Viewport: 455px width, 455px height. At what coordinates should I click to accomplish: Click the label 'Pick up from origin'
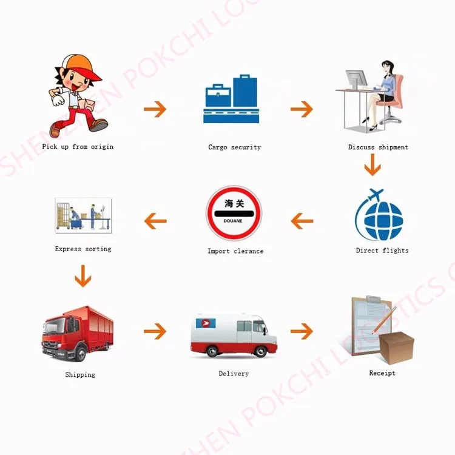78,147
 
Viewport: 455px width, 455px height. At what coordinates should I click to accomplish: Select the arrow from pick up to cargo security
155,109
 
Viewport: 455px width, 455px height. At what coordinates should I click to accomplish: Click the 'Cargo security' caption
234,147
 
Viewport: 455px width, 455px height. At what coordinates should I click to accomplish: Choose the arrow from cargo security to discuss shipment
302,109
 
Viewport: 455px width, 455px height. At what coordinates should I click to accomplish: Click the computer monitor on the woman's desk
356,80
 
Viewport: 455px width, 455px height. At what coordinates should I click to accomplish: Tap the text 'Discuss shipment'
378,147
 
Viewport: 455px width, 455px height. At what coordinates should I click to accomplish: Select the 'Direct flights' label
382,250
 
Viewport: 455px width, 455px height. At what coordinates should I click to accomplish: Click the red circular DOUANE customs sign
234,213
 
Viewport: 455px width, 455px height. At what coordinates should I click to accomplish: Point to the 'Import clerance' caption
235,251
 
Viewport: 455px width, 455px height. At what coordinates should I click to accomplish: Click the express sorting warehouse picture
83,215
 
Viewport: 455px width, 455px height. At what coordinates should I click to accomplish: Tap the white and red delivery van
234,335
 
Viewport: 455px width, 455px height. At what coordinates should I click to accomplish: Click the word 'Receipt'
382,372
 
